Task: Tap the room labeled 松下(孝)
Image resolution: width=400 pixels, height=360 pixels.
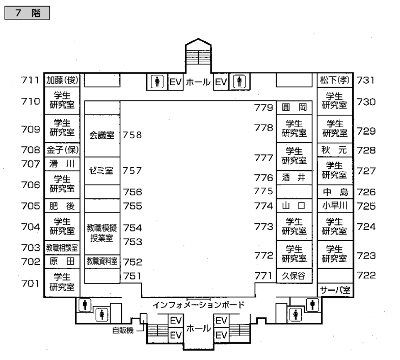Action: (334, 80)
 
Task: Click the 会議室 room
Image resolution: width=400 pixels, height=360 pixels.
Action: (102, 136)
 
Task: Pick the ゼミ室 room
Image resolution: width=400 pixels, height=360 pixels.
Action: (102, 171)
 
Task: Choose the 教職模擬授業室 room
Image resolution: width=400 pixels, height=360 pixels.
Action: (102, 233)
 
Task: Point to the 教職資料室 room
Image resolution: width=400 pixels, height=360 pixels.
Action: (102, 261)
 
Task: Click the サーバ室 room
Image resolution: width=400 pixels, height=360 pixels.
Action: (334, 290)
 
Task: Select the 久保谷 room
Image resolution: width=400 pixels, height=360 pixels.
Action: (294, 276)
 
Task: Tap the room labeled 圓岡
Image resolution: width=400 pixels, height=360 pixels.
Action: (294, 107)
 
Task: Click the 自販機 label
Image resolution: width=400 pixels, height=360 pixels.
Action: (123, 330)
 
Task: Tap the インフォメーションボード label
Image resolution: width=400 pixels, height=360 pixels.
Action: (199, 305)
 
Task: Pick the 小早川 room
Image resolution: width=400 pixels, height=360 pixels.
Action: (334, 206)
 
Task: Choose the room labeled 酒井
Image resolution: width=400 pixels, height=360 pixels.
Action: (294, 177)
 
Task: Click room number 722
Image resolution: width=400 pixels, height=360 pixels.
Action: (366, 275)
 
